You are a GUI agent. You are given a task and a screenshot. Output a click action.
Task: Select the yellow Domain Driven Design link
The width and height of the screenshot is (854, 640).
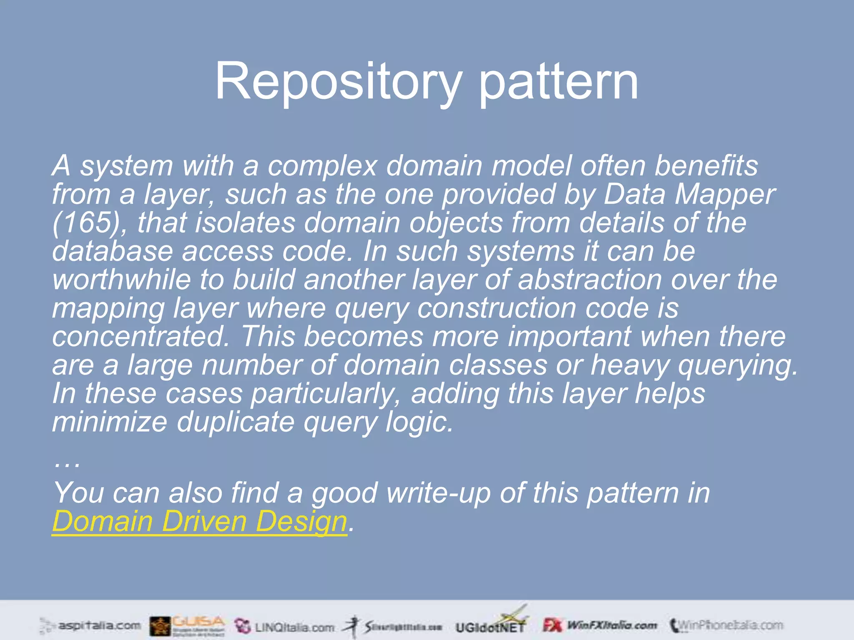pos(199,521)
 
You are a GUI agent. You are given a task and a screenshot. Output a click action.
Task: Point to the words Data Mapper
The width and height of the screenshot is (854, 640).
pos(689,195)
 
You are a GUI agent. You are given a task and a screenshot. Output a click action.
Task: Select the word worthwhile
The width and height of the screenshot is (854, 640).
pos(121,280)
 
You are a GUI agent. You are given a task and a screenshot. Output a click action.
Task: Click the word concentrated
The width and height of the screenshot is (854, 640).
pos(141,336)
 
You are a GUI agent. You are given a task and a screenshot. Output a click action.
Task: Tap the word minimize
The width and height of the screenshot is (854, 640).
pos(109,422)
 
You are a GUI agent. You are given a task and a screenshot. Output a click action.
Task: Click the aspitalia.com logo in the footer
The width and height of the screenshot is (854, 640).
pos(90,625)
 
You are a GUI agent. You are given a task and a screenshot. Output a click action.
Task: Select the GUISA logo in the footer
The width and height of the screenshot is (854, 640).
pos(188,625)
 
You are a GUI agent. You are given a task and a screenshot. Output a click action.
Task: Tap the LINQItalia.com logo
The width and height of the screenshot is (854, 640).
pos(285,626)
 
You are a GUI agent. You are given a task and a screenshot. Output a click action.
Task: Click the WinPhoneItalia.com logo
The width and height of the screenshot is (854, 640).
pos(726,625)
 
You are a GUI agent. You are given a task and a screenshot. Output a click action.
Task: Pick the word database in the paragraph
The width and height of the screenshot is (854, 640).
pos(112,251)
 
